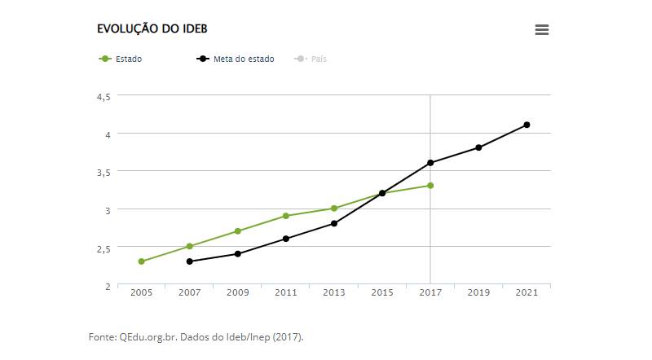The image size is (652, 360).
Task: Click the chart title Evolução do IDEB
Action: [x=152, y=29]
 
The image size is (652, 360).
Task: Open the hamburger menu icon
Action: [x=542, y=29]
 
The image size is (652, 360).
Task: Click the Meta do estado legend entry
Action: [x=243, y=59]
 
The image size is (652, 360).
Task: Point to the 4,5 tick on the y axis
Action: [x=104, y=96]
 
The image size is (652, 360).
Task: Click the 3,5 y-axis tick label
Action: [x=104, y=172]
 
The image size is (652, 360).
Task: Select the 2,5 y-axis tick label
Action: [x=104, y=248]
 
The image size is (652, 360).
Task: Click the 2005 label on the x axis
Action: [x=141, y=292]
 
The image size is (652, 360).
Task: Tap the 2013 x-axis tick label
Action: [x=334, y=292]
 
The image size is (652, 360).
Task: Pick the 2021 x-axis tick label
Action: [x=526, y=292]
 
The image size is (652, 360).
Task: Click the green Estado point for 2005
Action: [x=141, y=261]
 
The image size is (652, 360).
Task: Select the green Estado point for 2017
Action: [x=430, y=186]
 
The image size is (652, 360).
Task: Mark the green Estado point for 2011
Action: [x=286, y=216]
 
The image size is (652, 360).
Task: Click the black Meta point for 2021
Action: [x=526, y=125]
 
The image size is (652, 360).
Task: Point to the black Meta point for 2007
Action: [x=189, y=261]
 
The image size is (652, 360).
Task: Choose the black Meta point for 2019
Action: [x=478, y=147]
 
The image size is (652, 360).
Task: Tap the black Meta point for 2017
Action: [x=430, y=163]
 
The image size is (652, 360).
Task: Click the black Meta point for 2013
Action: [x=334, y=223]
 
